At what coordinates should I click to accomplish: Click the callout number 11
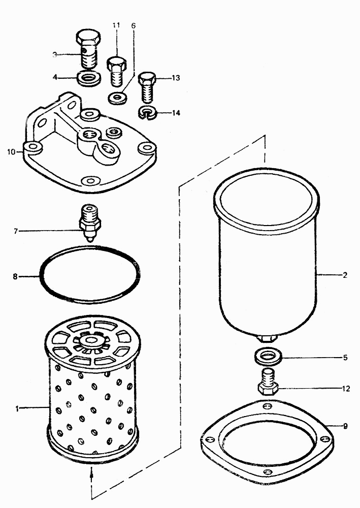(116, 25)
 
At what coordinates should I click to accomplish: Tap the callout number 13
(176, 78)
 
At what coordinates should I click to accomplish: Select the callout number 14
(176, 113)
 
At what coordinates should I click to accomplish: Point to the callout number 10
(11, 151)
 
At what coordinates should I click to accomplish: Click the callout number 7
(16, 231)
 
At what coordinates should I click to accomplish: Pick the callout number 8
(15, 277)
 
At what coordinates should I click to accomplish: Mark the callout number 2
(345, 275)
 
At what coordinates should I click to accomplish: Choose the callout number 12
(346, 389)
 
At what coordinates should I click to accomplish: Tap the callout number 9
(345, 426)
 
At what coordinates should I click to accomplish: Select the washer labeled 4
(89, 79)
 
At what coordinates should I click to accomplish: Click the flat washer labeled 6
(118, 98)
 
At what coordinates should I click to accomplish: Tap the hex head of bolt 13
(147, 78)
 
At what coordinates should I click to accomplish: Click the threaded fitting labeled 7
(90, 223)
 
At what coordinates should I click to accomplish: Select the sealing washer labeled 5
(268, 357)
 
